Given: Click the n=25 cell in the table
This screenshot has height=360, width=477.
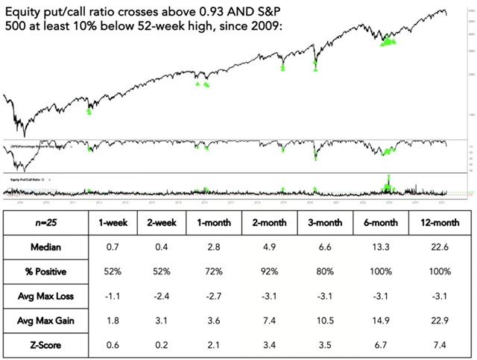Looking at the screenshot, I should click(42, 222).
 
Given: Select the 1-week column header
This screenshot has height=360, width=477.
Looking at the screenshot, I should click(111, 222).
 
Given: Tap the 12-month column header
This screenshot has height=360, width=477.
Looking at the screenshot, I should click(437, 222).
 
